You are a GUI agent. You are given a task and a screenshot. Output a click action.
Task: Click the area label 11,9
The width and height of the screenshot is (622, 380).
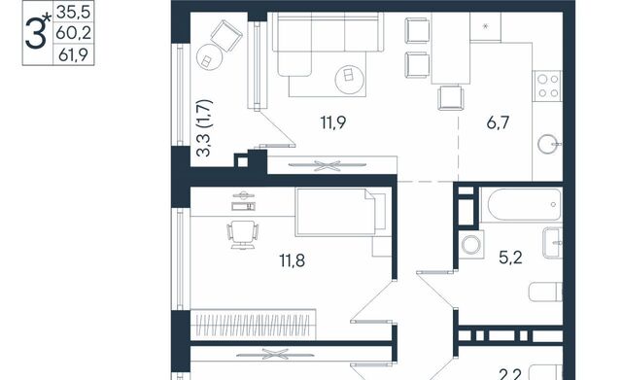(x=333, y=122)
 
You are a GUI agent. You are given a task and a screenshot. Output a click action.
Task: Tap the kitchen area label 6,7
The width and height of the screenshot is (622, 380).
(x=498, y=122)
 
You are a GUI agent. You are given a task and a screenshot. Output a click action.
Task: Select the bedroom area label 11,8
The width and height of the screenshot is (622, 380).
(x=293, y=261)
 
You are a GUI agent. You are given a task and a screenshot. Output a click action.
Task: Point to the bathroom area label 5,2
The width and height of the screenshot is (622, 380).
(x=510, y=258)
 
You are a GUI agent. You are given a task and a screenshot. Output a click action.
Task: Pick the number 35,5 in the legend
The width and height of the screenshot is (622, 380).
(x=74, y=12)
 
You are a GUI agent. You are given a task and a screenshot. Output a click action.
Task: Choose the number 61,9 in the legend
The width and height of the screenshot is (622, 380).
(x=74, y=54)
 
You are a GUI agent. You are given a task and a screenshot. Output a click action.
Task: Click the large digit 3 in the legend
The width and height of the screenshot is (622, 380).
(x=36, y=34)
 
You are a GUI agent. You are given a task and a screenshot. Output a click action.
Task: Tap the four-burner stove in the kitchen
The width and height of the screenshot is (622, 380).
(x=547, y=86)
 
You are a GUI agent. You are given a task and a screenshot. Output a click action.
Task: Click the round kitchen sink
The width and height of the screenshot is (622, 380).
(x=549, y=144)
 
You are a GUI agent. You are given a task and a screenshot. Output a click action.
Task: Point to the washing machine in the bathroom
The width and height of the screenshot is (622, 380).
(x=471, y=245)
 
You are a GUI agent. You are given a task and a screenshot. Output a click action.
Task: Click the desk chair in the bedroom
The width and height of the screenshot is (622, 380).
(x=243, y=234)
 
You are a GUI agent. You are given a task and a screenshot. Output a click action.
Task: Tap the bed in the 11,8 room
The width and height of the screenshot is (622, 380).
(x=340, y=213)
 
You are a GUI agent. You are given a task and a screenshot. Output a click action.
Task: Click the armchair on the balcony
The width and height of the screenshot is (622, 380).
(x=226, y=36)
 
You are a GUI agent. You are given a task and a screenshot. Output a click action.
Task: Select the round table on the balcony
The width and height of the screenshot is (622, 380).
(x=209, y=57)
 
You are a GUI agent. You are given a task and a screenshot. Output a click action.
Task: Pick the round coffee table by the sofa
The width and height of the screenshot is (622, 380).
(x=350, y=80)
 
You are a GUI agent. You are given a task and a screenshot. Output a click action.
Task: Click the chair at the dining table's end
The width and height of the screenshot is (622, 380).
(x=451, y=97)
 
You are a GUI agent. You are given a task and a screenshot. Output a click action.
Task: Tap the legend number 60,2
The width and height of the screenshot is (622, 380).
(x=74, y=33)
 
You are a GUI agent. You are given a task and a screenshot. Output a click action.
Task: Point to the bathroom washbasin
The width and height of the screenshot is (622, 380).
(x=552, y=243)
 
